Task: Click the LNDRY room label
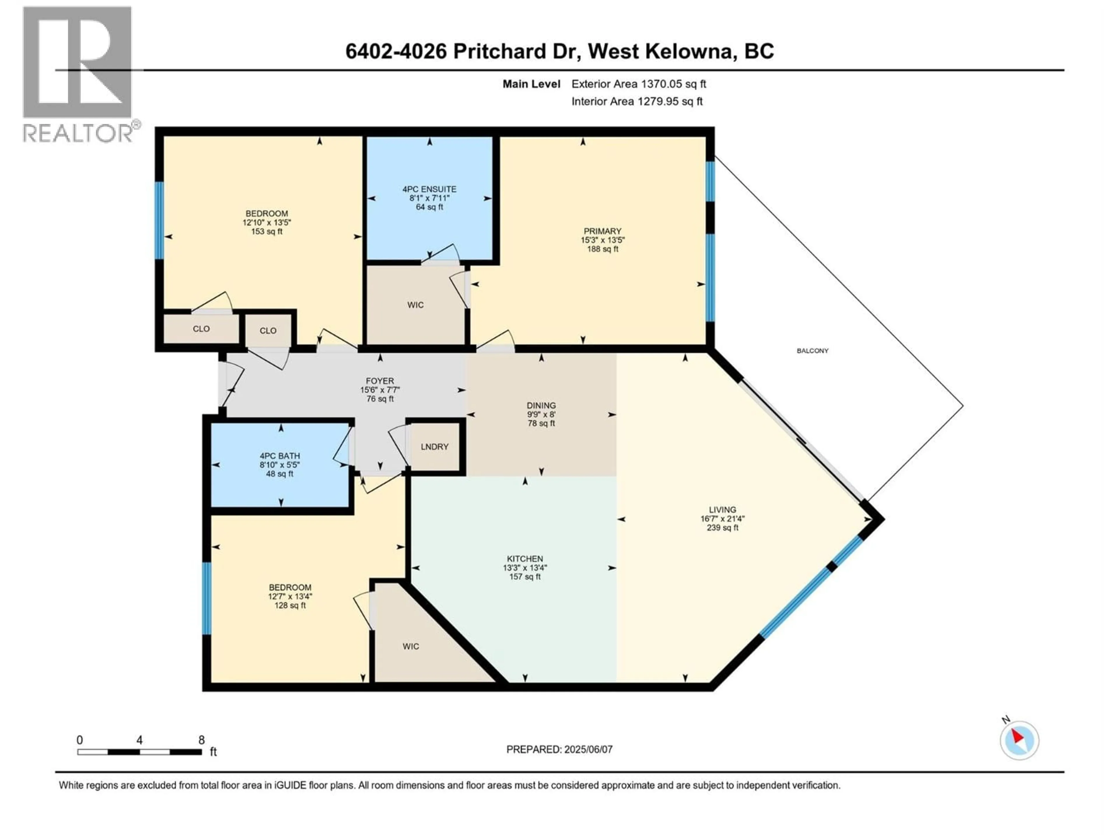point(434,447)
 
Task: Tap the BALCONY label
point(812,350)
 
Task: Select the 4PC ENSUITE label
point(429,189)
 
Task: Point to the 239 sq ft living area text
point(722,528)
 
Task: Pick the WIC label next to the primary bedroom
point(415,305)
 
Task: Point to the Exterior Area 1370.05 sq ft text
point(638,84)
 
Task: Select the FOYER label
point(380,381)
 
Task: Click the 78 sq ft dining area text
point(541,423)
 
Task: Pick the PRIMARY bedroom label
point(601,231)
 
